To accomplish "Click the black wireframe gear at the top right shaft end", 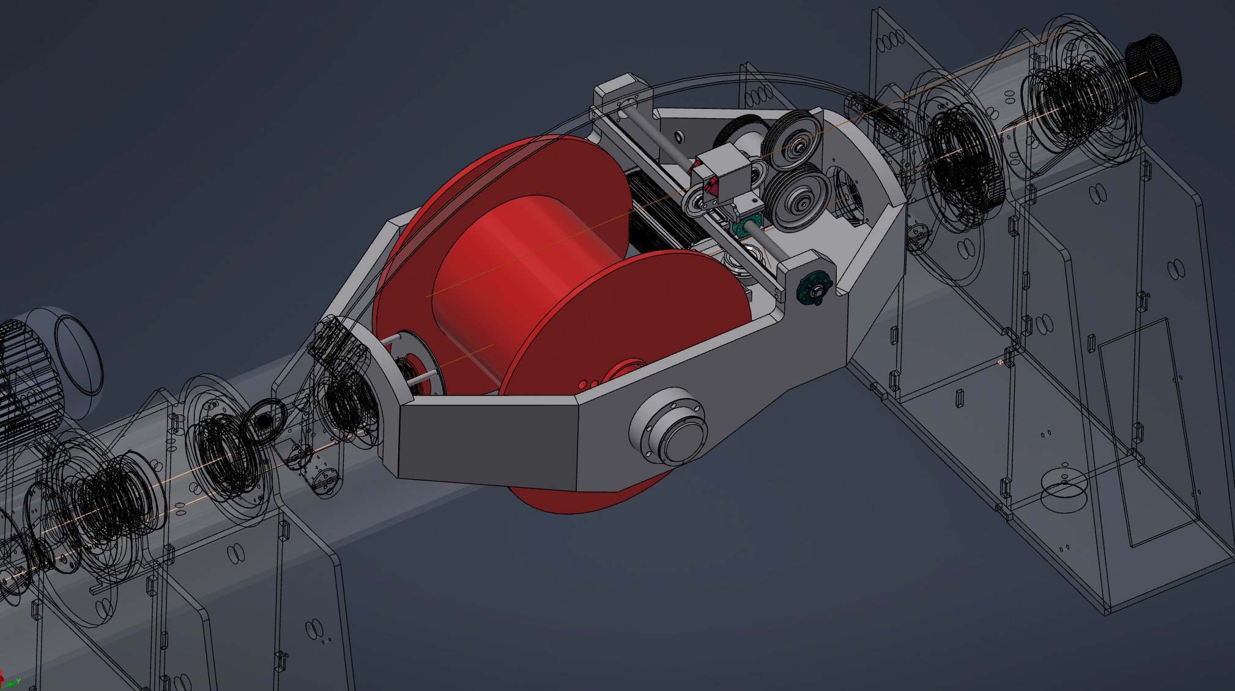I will tap(1154, 64).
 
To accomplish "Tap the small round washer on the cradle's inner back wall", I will tap(678, 134).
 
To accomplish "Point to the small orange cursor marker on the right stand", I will tap(1001, 362).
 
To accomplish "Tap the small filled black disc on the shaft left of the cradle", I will tap(264, 422).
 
